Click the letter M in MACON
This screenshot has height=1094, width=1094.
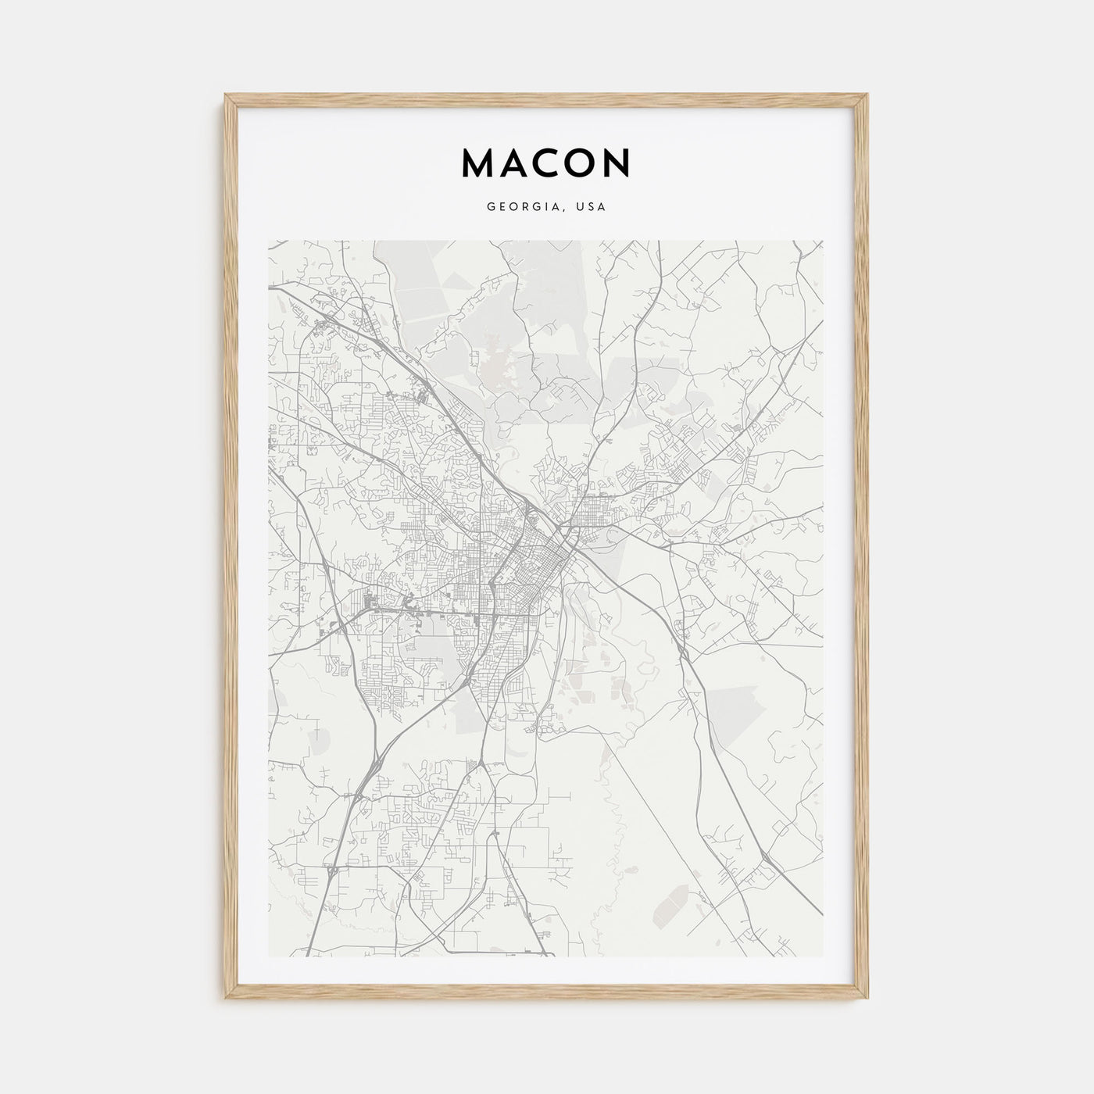coord(479,163)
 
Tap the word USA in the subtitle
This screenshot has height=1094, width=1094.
coord(592,208)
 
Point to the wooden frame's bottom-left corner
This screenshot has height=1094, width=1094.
coord(225,1000)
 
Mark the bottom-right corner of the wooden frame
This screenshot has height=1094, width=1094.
coord(869,1000)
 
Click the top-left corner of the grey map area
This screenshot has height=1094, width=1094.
coord(269,241)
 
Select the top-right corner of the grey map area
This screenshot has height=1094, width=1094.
coord(824,241)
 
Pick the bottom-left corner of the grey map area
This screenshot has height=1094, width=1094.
coord(269,956)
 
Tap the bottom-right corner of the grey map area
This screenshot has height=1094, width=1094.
coord(824,956)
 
